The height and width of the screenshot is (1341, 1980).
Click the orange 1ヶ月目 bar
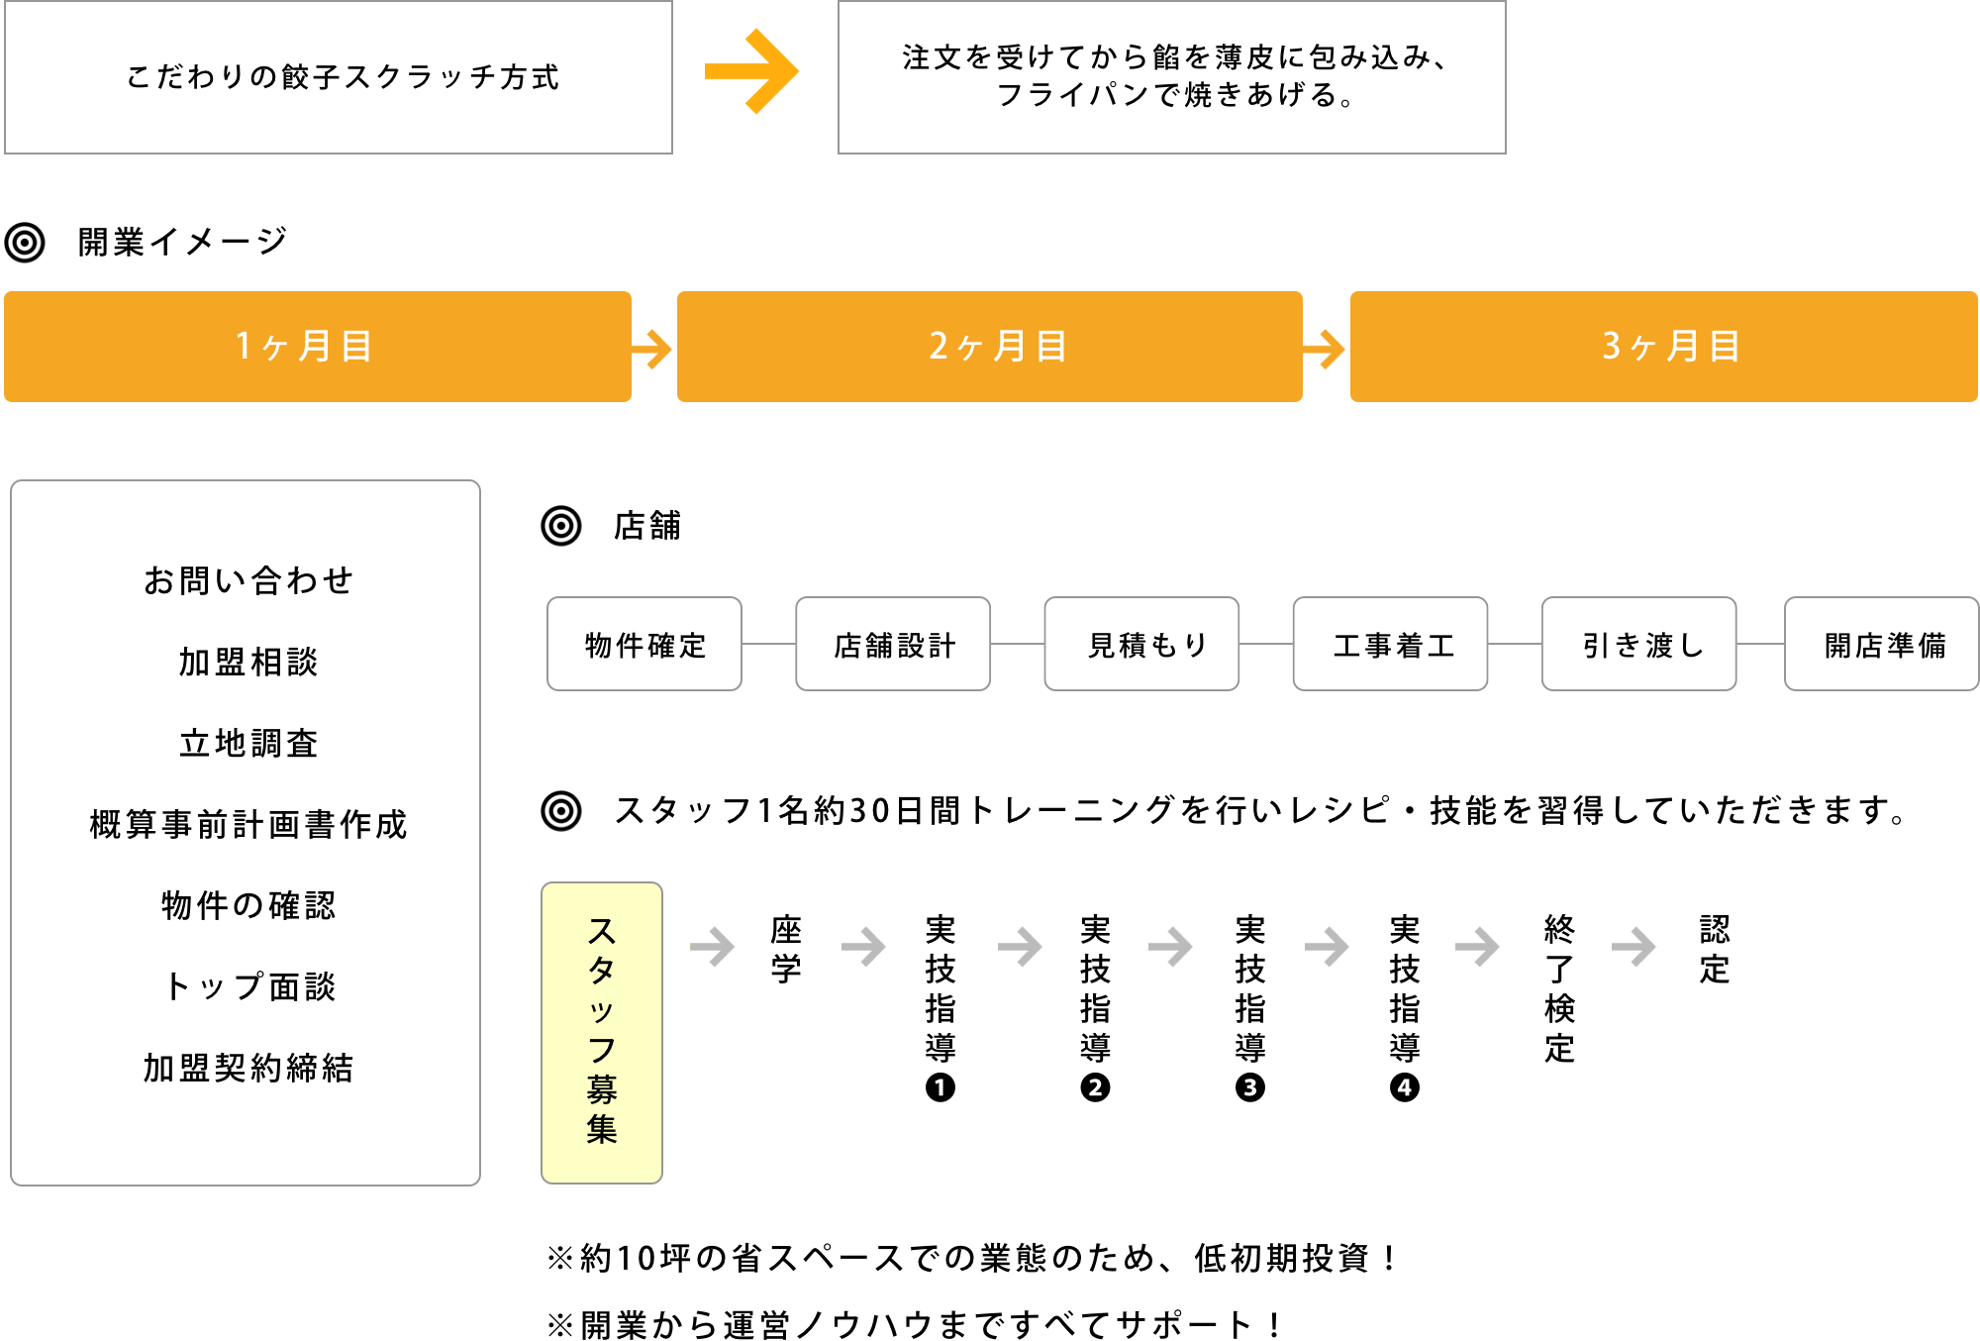317,347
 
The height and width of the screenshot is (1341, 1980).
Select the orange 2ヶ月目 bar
990,347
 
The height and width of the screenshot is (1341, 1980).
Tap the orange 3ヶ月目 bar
1663,347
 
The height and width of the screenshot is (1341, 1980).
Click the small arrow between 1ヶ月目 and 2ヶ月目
653,349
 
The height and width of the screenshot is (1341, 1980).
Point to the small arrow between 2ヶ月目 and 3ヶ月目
1326,349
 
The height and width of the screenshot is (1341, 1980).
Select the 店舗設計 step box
893,644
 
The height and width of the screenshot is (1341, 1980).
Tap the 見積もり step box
1141,644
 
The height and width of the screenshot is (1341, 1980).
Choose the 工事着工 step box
1390,644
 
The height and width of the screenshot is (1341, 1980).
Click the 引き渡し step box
1638,644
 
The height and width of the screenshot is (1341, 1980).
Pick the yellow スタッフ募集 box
602,1032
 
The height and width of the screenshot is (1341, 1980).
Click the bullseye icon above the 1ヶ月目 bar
25,243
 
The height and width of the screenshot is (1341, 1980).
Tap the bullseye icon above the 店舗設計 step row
561,526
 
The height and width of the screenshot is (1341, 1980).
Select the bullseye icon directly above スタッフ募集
561,811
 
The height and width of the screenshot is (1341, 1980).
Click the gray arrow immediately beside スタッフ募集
713,947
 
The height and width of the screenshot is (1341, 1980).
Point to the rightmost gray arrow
1634,947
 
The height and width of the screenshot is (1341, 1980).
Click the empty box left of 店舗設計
644,644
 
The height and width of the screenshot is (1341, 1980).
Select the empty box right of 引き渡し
1881,644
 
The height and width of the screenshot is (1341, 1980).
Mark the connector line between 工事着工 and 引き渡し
1515,644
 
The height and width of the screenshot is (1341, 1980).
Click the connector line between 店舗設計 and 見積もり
1017,644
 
